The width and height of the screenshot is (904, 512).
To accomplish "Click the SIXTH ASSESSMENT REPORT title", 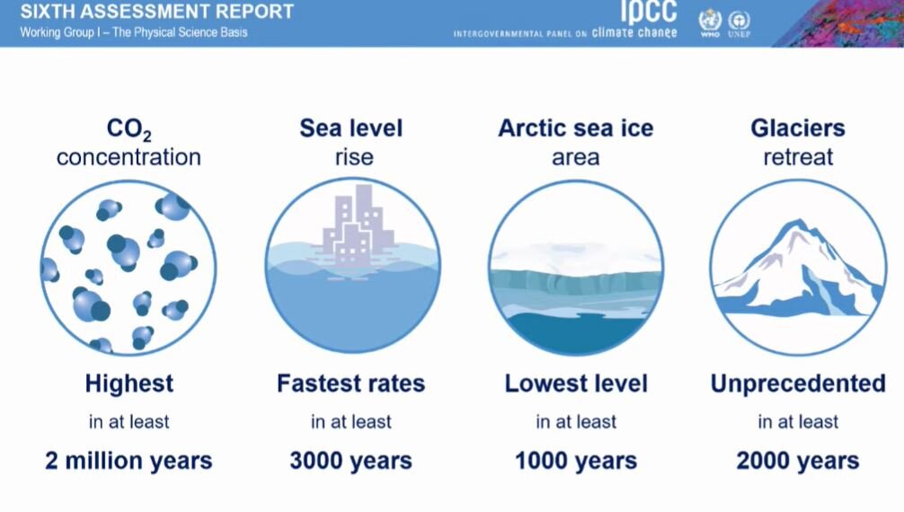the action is pos(157,11).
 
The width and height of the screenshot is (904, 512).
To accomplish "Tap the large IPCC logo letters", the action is pos(649,12).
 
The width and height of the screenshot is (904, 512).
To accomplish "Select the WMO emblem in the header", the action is pos(710,22).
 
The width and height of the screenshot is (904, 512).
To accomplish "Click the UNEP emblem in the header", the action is pos(740,23).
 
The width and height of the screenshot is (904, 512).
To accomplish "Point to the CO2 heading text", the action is pos(129,129).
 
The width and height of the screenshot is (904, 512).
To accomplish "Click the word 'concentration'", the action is pos(129,157).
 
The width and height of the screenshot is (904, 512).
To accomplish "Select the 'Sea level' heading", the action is pos(351,128).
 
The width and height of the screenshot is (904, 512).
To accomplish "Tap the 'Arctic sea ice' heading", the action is pos(576,128).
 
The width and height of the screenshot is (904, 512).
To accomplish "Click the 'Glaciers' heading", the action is pos(798,128).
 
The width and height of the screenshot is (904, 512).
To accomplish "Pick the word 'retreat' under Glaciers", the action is pos(798,157).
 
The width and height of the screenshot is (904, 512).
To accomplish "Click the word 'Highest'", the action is pos(129,384).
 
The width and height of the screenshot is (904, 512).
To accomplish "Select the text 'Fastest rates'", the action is pos(351,384).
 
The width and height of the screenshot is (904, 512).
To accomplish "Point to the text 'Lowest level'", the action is pos(576,384).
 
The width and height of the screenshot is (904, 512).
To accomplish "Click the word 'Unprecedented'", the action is pos(798,384).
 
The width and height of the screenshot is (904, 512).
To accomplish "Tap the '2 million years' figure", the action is pos(129,461).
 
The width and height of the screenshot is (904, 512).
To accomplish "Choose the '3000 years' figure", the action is pos(351,461).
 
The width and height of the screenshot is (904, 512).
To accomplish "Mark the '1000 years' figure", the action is pos(576,461).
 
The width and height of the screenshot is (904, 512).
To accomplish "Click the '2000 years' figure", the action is pos(798,461).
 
